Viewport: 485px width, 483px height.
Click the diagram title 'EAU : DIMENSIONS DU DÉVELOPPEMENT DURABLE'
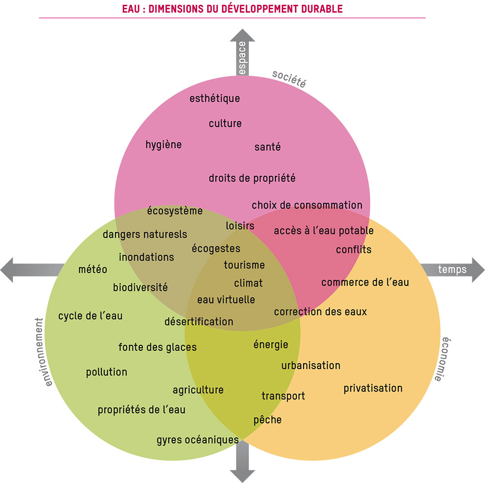tap(232, 9)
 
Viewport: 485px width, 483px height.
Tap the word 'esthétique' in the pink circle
tap(214, 99)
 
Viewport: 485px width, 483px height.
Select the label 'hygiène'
tap(163, 145)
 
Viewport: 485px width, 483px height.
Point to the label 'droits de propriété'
tap(252, 178)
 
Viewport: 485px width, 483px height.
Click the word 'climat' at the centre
tap(248, 283)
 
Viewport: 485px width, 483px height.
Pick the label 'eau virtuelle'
tap(226, 300)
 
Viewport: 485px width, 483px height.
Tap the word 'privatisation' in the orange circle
tap(373, 389)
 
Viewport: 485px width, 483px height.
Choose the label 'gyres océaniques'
tap(197, 440)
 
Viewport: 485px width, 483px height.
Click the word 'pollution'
tap(107, 373)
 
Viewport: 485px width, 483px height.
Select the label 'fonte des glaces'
tap(158, 347)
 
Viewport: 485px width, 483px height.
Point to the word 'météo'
tap(93, 269)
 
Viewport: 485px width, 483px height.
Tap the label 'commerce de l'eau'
tap(365, 282)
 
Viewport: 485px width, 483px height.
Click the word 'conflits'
tap(354, 250)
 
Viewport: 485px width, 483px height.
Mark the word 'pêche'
tap(267, 420)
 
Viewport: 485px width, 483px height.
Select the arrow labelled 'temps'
tap(453, 269)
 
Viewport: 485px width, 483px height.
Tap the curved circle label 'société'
tap(289, 78)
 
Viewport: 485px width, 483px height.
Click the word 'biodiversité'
tap(140, 287)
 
